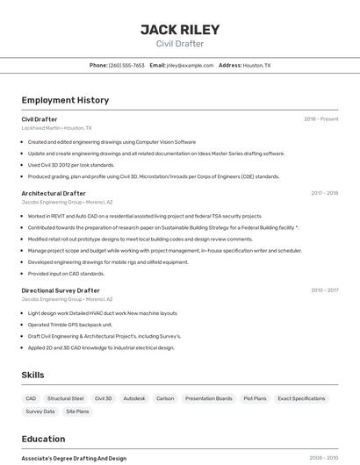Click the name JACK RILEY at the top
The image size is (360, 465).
click(x=180, y=29)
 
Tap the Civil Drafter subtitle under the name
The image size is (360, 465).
click(x=180, y=44)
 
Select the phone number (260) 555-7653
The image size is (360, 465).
click(x=126, y=65)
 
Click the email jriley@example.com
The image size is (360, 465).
click(x=190, y=65)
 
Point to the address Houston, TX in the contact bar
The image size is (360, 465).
click(x=256, y=65)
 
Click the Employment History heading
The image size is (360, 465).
click(x=65, y=100)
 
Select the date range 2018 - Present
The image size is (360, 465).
click(x=320, y=119)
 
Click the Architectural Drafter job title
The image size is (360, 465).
click(x=54, y=193)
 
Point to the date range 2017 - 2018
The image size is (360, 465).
click(x=324, y=193)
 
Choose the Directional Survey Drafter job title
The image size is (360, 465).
click(x=61, y=290)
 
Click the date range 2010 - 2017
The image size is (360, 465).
click(x=324, y=290)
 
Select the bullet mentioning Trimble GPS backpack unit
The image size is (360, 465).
click(x=70, y=325)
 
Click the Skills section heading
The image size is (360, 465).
click(x=32, y=375)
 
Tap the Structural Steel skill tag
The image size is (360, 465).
click(x=66, y=398)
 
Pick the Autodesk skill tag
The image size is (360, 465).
click(x=134, y=398)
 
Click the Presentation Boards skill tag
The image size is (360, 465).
click(x=209, y=398)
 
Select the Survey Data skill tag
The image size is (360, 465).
click(x=40, y=411)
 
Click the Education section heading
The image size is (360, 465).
click(x=43, y=439)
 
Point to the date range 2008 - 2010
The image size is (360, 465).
click(x=324, y=458)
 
